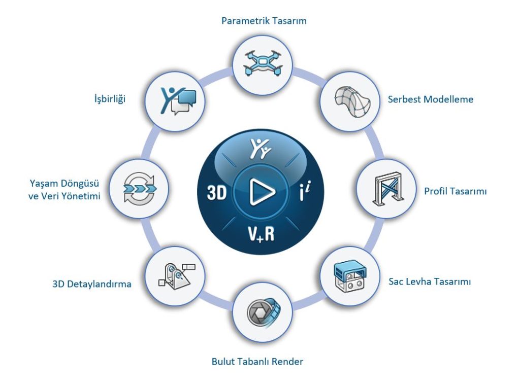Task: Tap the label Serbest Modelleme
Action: [x=430, y=99]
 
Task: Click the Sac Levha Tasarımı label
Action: [x=429, y=281]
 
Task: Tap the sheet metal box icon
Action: [x=351, y=276]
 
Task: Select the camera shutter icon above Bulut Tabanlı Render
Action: [x=262, y=312]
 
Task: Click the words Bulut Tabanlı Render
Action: [x=257, y=362]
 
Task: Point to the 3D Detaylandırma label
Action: [x=91, y=284]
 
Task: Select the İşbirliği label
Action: [x=106, y=99]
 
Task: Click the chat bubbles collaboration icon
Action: [x=175, y=98]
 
